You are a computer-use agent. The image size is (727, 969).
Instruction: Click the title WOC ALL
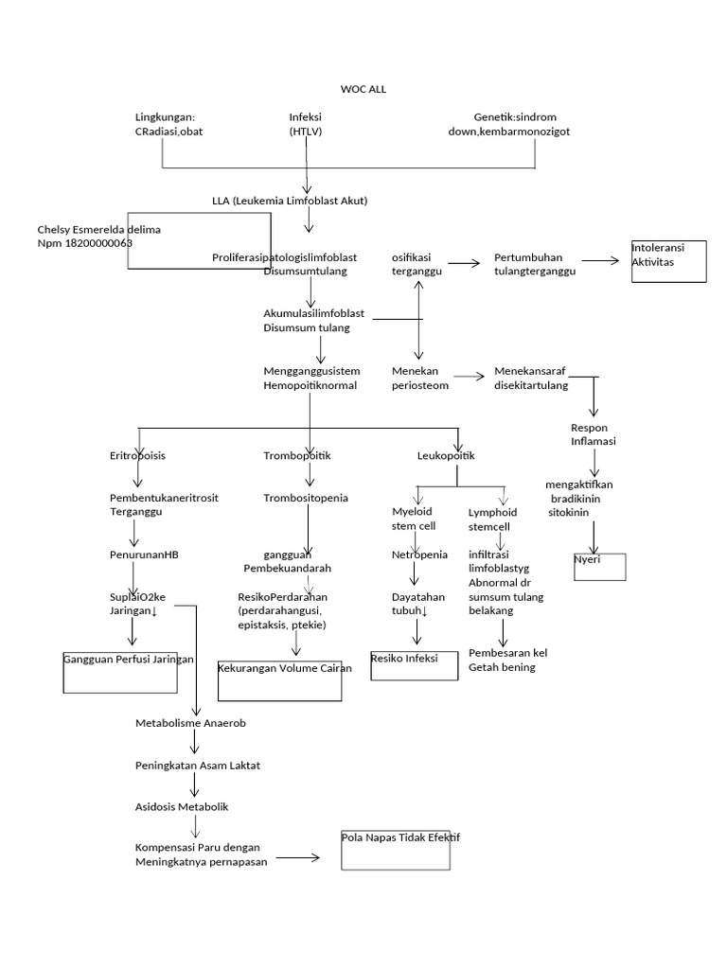click(363, 89)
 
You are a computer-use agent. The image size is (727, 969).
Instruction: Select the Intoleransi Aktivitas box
click(668, 260)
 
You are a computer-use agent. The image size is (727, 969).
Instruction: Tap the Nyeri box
click(599, 565)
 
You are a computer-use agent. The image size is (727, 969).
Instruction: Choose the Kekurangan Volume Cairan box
click(280, 679)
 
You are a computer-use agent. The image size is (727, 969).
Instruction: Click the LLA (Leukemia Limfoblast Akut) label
click(290, 202)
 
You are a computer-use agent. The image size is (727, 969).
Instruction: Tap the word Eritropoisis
click(137, 456)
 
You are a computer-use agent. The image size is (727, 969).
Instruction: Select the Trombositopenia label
click(305, 498)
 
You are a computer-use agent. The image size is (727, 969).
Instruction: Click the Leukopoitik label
click(446, 456)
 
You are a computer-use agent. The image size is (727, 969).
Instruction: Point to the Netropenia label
click(419, 555)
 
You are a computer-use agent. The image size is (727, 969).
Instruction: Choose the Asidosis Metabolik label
click(182, 807)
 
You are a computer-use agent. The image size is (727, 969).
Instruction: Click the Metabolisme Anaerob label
click(190, 723)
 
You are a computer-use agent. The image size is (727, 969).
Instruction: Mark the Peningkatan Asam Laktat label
click(197, 765)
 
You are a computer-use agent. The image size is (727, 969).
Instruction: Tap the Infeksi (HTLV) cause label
click(306, 124)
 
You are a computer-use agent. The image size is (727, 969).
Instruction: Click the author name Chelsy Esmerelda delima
click(99, 230)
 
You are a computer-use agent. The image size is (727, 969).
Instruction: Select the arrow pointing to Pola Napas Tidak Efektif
click(299, 858)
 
